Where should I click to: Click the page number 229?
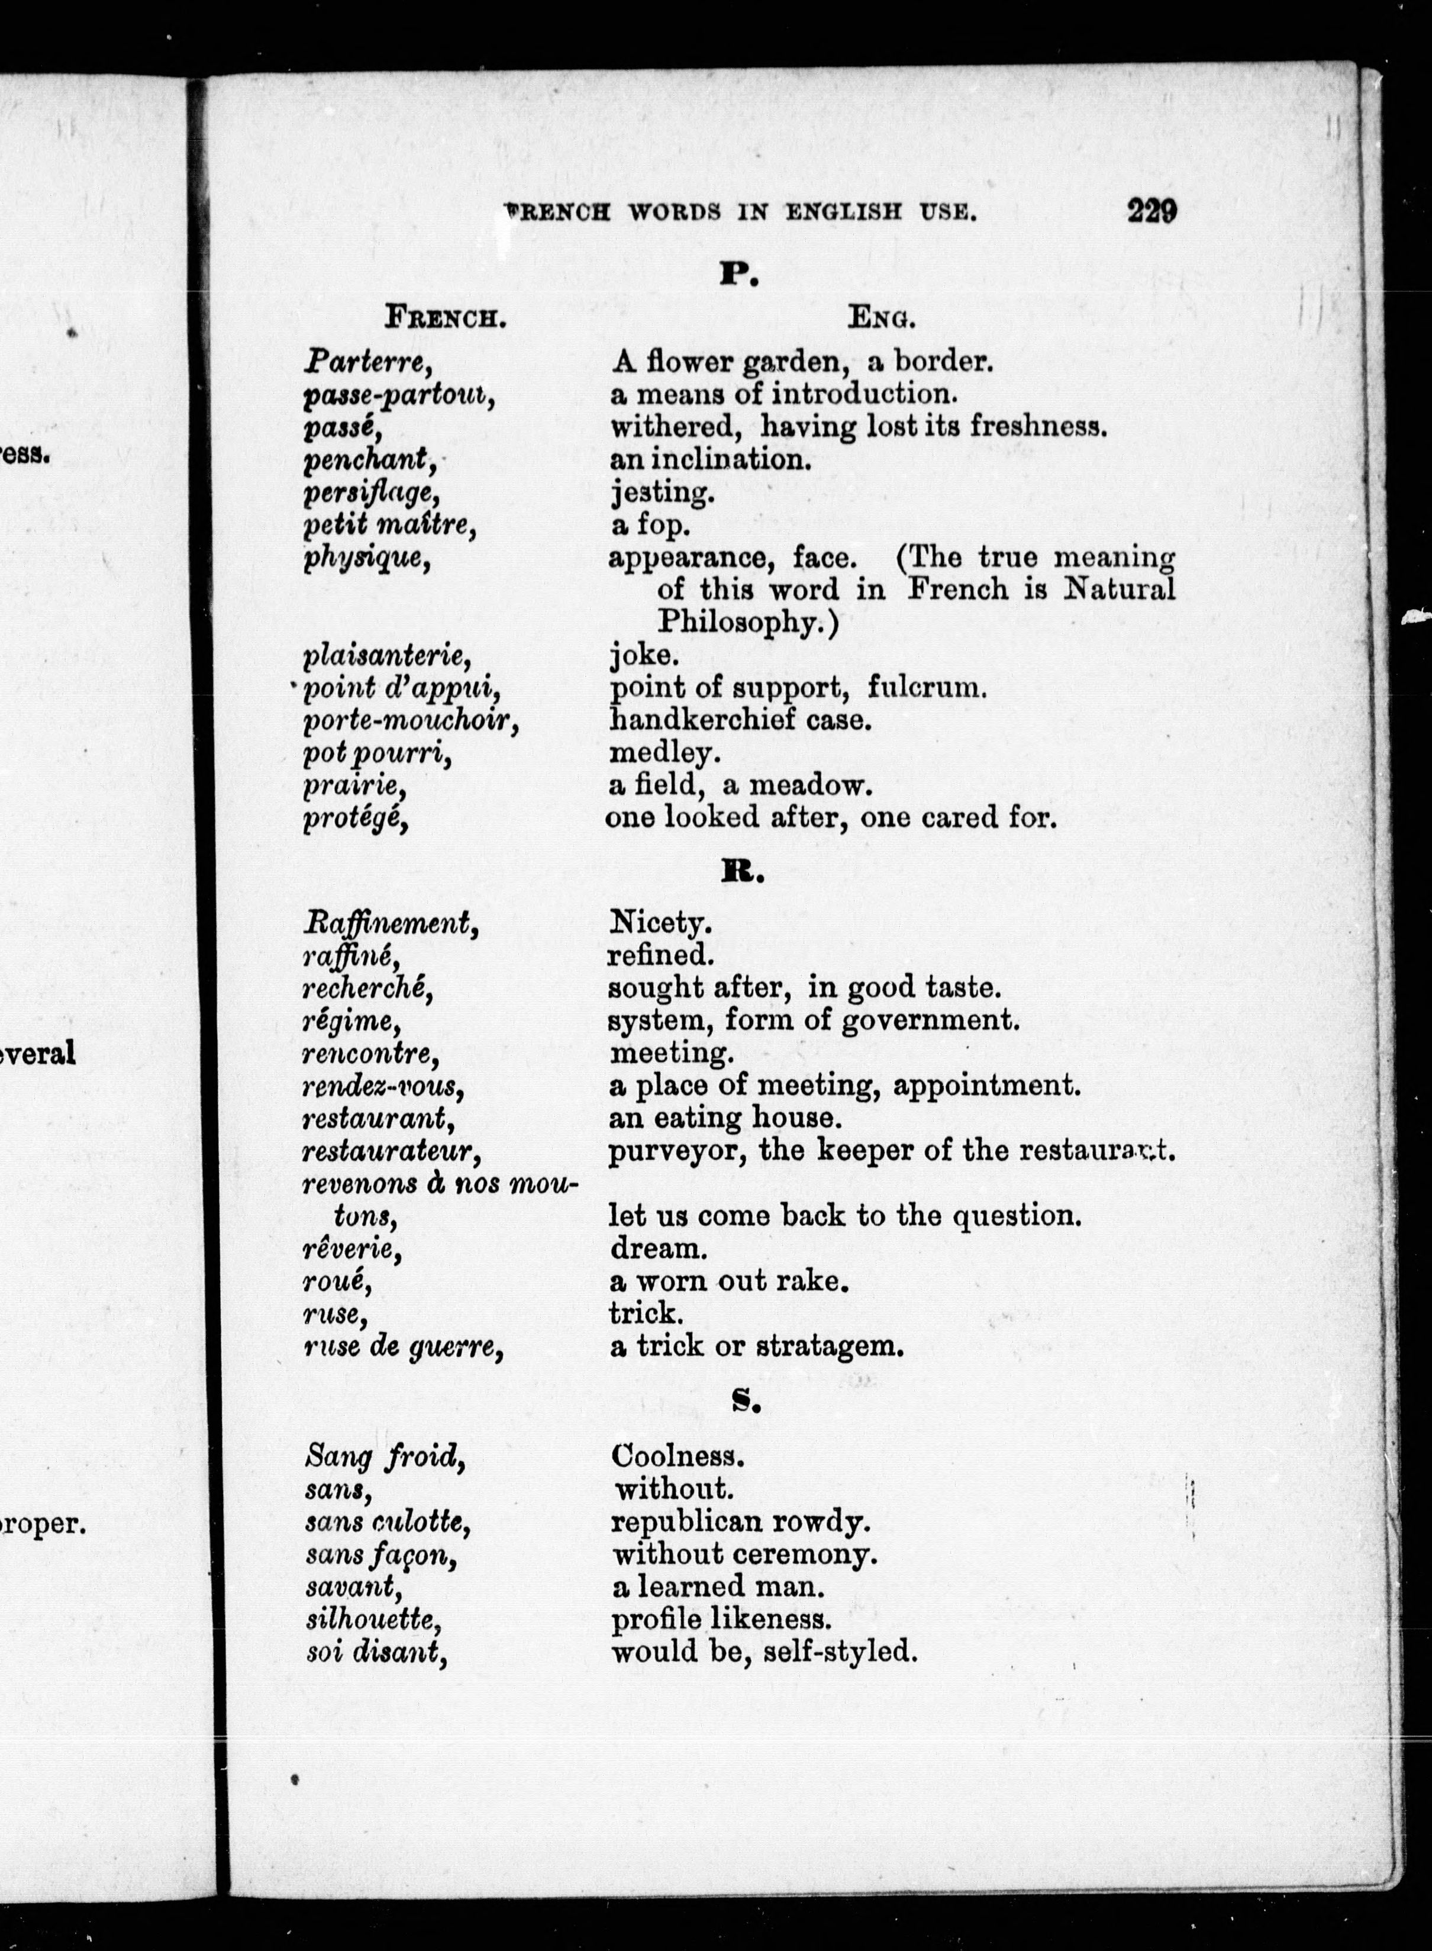(x=1151, y=211)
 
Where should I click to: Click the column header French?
(x=446, y=318)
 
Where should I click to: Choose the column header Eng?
(x=882, y=318)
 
